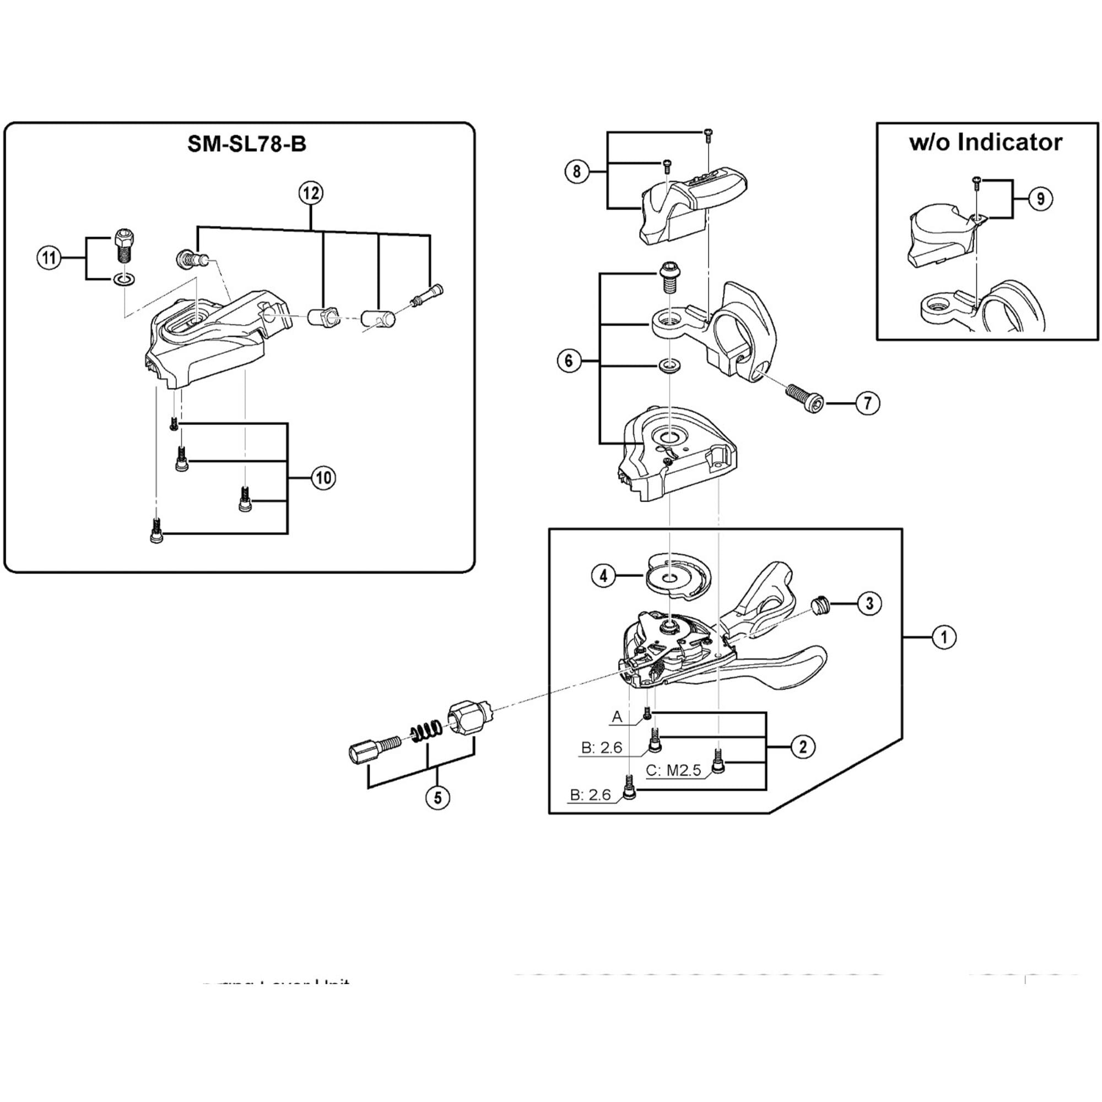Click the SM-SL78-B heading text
[x=246, y=144]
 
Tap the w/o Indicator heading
[x=986, y=142]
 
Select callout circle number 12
[x=311, y=193]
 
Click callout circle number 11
[x=49, y=258]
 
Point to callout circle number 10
[x=323, y=477]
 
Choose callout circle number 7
[x=867, y=403]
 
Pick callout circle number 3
[x=869, y=603]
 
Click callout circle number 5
[x=437, y=797]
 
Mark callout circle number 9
[x=1040, y=199]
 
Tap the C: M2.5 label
[x=673, y=771]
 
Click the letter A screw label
[x=617, y=717]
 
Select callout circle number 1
[x=943, y=636]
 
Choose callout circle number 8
[x=577, y=171]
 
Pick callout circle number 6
[x=569, y=360]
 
